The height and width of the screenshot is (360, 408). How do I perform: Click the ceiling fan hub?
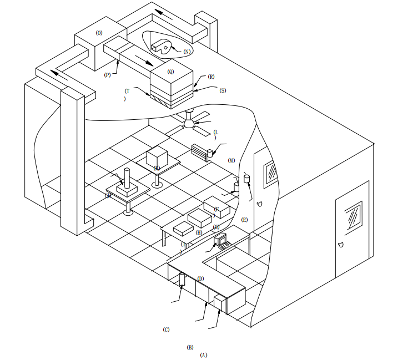[x=190, y=125]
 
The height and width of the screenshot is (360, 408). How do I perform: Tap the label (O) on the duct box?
[x=99, y=33]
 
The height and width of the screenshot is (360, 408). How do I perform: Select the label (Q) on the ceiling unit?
[x=170, y=72]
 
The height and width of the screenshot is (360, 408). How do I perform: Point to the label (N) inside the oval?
[x=187, y=51]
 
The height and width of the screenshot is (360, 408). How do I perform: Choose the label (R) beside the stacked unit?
[x=211, y=77]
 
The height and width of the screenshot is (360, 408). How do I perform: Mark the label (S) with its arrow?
[x=223, y=90]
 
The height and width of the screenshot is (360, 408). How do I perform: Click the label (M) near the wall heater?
[x=231, y=160]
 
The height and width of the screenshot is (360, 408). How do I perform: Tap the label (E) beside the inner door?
[x=244, y=220]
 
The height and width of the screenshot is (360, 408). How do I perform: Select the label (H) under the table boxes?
[x=199, y=232]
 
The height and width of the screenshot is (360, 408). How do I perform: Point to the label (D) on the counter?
[x=200, y=278]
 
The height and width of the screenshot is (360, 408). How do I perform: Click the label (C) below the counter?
[x=166, y=329]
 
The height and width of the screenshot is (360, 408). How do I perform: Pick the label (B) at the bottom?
[x=190, y=347]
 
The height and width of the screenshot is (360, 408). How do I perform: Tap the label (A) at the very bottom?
[x=203, y=354]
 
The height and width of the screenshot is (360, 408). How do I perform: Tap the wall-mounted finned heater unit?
[x=201, y=150]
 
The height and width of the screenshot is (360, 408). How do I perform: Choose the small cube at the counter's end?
[x=220, y=304]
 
